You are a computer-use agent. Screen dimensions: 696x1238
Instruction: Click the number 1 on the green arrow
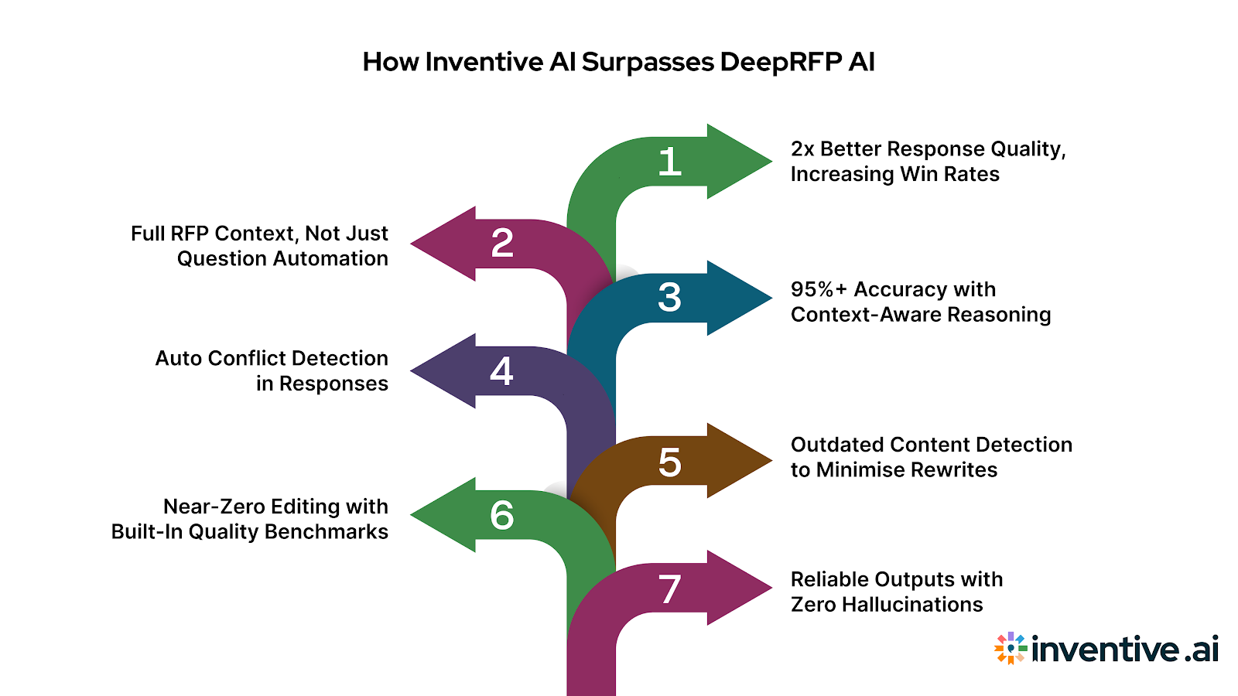[670, 162]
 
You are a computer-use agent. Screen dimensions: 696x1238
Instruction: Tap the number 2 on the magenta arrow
[502, 244]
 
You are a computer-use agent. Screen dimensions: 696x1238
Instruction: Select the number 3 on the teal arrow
[670, 298]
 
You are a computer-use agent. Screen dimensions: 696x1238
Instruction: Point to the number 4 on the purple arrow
[501, 371]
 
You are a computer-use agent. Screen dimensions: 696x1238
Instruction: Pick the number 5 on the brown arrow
[670, 462]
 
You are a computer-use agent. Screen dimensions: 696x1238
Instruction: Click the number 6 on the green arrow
[502, 515]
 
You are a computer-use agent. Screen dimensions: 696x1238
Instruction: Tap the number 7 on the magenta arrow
[670, 589]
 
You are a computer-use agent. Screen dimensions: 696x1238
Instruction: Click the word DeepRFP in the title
[780, 62]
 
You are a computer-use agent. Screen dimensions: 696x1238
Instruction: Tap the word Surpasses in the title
[648, 62]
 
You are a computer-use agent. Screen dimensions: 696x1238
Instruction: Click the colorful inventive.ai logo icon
[1011, 648]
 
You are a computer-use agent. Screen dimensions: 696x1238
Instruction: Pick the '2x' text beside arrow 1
[802, 148]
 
